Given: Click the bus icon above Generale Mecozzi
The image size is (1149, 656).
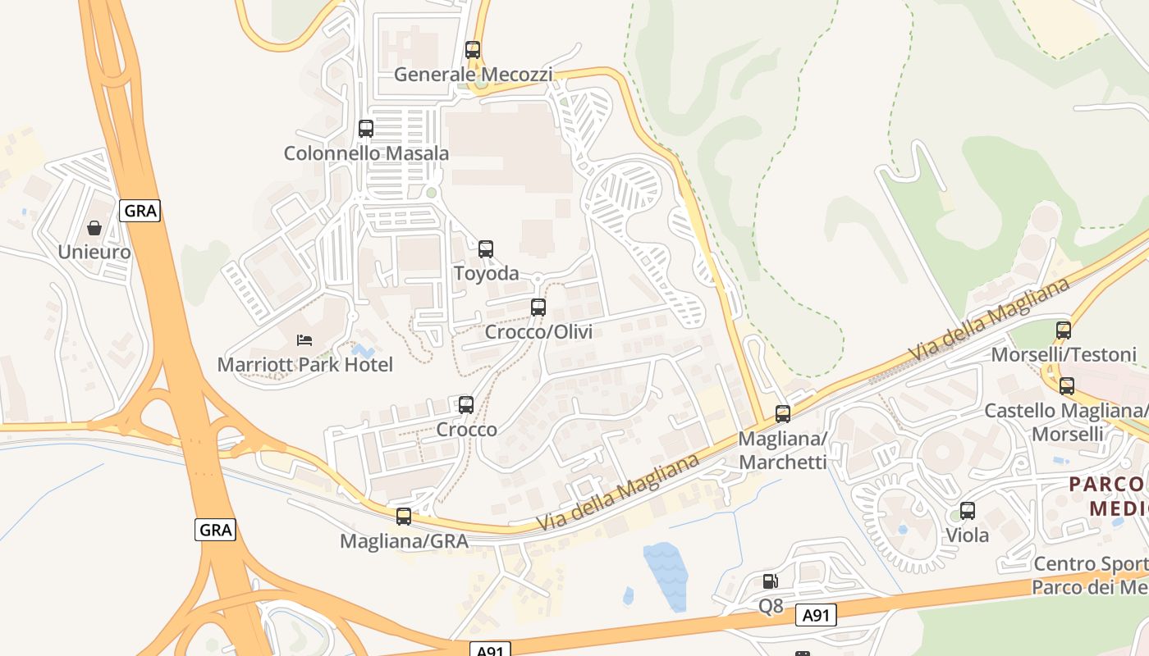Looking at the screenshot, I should pyautogui.click(x=472, y=49).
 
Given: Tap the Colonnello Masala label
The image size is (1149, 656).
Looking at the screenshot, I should pyautogui.click(x=366, y=153).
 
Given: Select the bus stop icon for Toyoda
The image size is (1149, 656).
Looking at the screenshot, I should pyautogui.click(x=486, y=248).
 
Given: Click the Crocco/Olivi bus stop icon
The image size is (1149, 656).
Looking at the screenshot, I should pyautogui.click(x=538, y=307).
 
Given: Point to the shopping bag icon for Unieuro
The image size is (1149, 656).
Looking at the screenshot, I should pyautogui.click(x=94, y=227).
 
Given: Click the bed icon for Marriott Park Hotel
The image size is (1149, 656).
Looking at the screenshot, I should pyautogui.click(x=304, y=339).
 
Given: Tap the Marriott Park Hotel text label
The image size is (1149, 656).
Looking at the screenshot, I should pyautogui.click(x=304, y=365).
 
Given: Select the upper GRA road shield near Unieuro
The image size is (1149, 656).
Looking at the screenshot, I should pyautogui.click(x=140, y=211).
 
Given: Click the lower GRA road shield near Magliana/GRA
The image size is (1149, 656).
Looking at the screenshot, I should pyautogui.click(x=216, y=530).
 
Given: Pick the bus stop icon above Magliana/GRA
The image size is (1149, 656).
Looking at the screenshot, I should pyautogui.click(x=403, y=516).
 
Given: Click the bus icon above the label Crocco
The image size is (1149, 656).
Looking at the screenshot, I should pyautogui.click(x=466, y=404).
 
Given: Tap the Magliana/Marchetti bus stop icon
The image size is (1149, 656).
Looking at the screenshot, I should pyautogui.click(x=783, y=414).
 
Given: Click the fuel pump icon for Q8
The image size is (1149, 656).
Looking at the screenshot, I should pyautogui.click(x=770, y=581).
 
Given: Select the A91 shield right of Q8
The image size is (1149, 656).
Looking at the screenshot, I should pyautogui.click(x=816, y=616).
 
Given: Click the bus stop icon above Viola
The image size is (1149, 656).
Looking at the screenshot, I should pyautogui.click(x=968, y=511).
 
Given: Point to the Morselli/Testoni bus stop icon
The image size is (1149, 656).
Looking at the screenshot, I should pyautogui.click(x=1064, y=330).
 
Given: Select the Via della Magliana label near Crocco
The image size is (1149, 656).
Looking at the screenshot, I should pyautogui.click(x=617, y=491).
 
